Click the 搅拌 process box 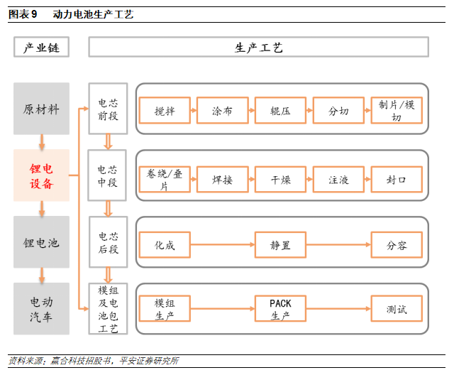165,112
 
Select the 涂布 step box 223,112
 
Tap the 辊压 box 281,112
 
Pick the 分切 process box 338,112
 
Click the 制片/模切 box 397,112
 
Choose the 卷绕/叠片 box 165,180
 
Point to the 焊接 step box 223,180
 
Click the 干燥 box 281,180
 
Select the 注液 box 338,180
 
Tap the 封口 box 397,180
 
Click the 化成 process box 165,246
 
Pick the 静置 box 281,246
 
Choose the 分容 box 397,246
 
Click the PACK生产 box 281,309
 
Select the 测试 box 397,309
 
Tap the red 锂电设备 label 42,176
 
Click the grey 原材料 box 42,109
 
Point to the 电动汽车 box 42,309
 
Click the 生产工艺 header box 258,48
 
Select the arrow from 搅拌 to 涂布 194,112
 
